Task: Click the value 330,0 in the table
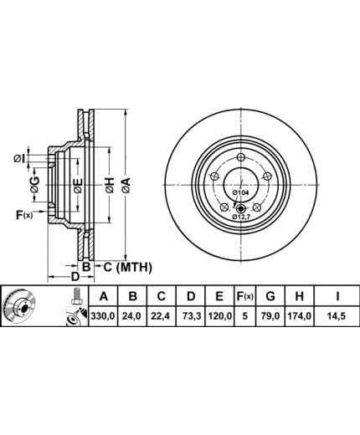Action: pyautogui.click(x=103, y=316)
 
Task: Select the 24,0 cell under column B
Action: pyautogui.click(x=133, y=316)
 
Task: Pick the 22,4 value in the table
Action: pyautogui.click(x=162, y=316)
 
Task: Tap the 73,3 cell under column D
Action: pyautogui.click(x=192, y=316)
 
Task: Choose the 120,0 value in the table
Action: pyautogui.click(x=220, y=316)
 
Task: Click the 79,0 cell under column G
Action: pyautogui.click(x=270, y=316)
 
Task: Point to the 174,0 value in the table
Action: pyautogui.click(x=299, y=316)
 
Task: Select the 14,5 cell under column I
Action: pyautogui.click(x=337, y=316)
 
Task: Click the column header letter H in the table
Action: pyautogui.click(x=299, y=296)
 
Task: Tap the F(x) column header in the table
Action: pyautogui.click(x=244, y=296)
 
